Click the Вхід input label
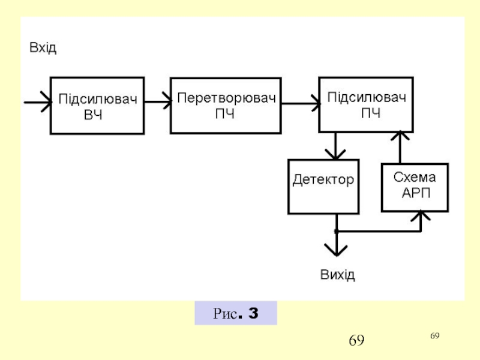[43, 48]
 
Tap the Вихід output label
[337, 275]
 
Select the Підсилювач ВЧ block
[97, 106]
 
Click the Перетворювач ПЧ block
[226, 105]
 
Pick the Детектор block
[323, 186]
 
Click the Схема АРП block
[415, 187]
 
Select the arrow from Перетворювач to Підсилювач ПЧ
[300, 104]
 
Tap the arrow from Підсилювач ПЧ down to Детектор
[336, 146]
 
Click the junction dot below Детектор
[337, 232]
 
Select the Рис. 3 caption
[236, 313]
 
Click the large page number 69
[356, 341]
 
